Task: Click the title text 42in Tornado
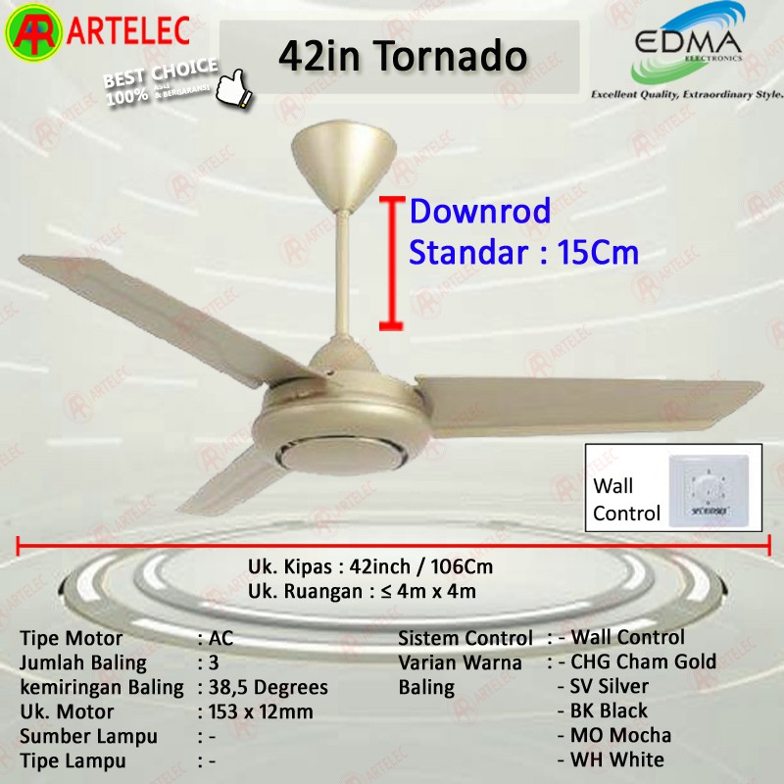[x=403, y=56]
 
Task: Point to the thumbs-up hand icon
[x=234, y=85]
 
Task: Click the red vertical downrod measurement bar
[x=392, y=263]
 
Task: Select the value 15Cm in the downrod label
[x=597, y=253]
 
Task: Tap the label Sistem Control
[x=465, y=639]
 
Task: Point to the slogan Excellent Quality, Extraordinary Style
[x=686, y=95]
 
